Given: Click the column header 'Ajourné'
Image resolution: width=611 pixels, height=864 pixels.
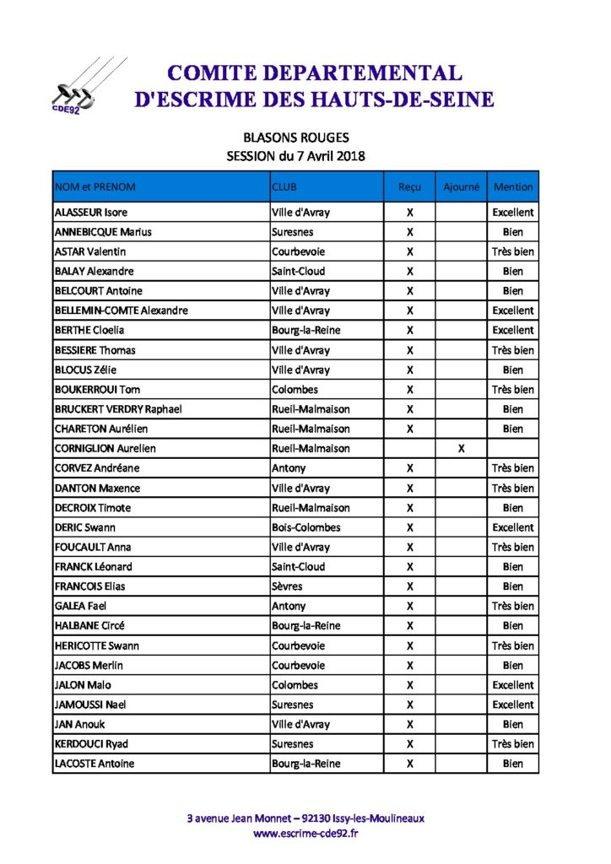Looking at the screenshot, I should pos(461,186).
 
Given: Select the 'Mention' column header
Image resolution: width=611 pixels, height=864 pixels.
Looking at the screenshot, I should pos(513,186).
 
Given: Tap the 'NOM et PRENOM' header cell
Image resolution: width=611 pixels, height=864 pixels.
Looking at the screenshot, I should pos(95,186).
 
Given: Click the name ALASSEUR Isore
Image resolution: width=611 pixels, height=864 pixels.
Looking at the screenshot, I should pos(91,213).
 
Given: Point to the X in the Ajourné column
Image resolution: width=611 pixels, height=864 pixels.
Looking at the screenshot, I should pos(461,449).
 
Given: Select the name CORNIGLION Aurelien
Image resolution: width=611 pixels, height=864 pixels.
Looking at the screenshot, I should pos(105,449).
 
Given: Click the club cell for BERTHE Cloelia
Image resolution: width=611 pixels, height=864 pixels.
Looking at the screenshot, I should pos(306,331).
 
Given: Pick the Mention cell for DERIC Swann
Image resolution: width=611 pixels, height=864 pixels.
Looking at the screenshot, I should pos(513,527).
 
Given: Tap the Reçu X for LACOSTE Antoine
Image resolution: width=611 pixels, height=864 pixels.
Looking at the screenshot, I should pos(409,764).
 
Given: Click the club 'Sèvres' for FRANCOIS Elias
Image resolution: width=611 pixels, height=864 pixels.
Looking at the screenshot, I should pos(287,586).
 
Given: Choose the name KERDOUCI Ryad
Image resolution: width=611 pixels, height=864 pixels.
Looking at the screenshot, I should pos(91,744).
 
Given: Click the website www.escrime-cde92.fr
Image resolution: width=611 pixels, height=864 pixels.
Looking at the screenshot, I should pos(305,834).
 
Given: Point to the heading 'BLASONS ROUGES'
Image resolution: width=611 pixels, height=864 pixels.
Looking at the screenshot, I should pos(295,138).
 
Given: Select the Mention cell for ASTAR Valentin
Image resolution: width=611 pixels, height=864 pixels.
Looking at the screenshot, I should pos(513,251).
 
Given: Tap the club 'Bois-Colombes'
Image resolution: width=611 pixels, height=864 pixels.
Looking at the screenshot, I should pos(306,527).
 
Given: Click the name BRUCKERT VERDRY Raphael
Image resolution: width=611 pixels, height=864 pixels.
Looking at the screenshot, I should pos(118,409).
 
